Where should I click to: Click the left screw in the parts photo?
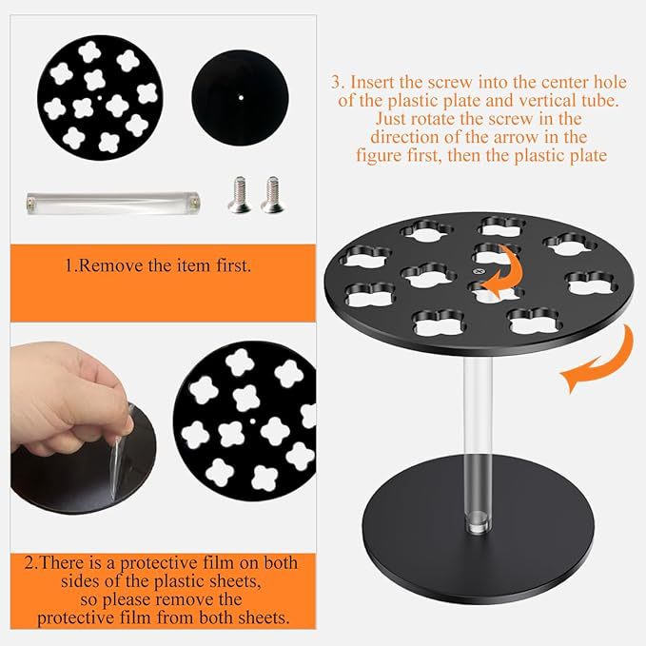239,194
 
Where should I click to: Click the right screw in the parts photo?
272,194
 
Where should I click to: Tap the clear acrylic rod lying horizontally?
113,203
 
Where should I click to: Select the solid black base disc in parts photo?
240,98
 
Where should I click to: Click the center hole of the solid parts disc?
241,98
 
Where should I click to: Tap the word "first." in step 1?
234,265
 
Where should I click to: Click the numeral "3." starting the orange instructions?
338,83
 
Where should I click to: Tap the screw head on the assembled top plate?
479,271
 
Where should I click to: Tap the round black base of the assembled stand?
478,532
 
